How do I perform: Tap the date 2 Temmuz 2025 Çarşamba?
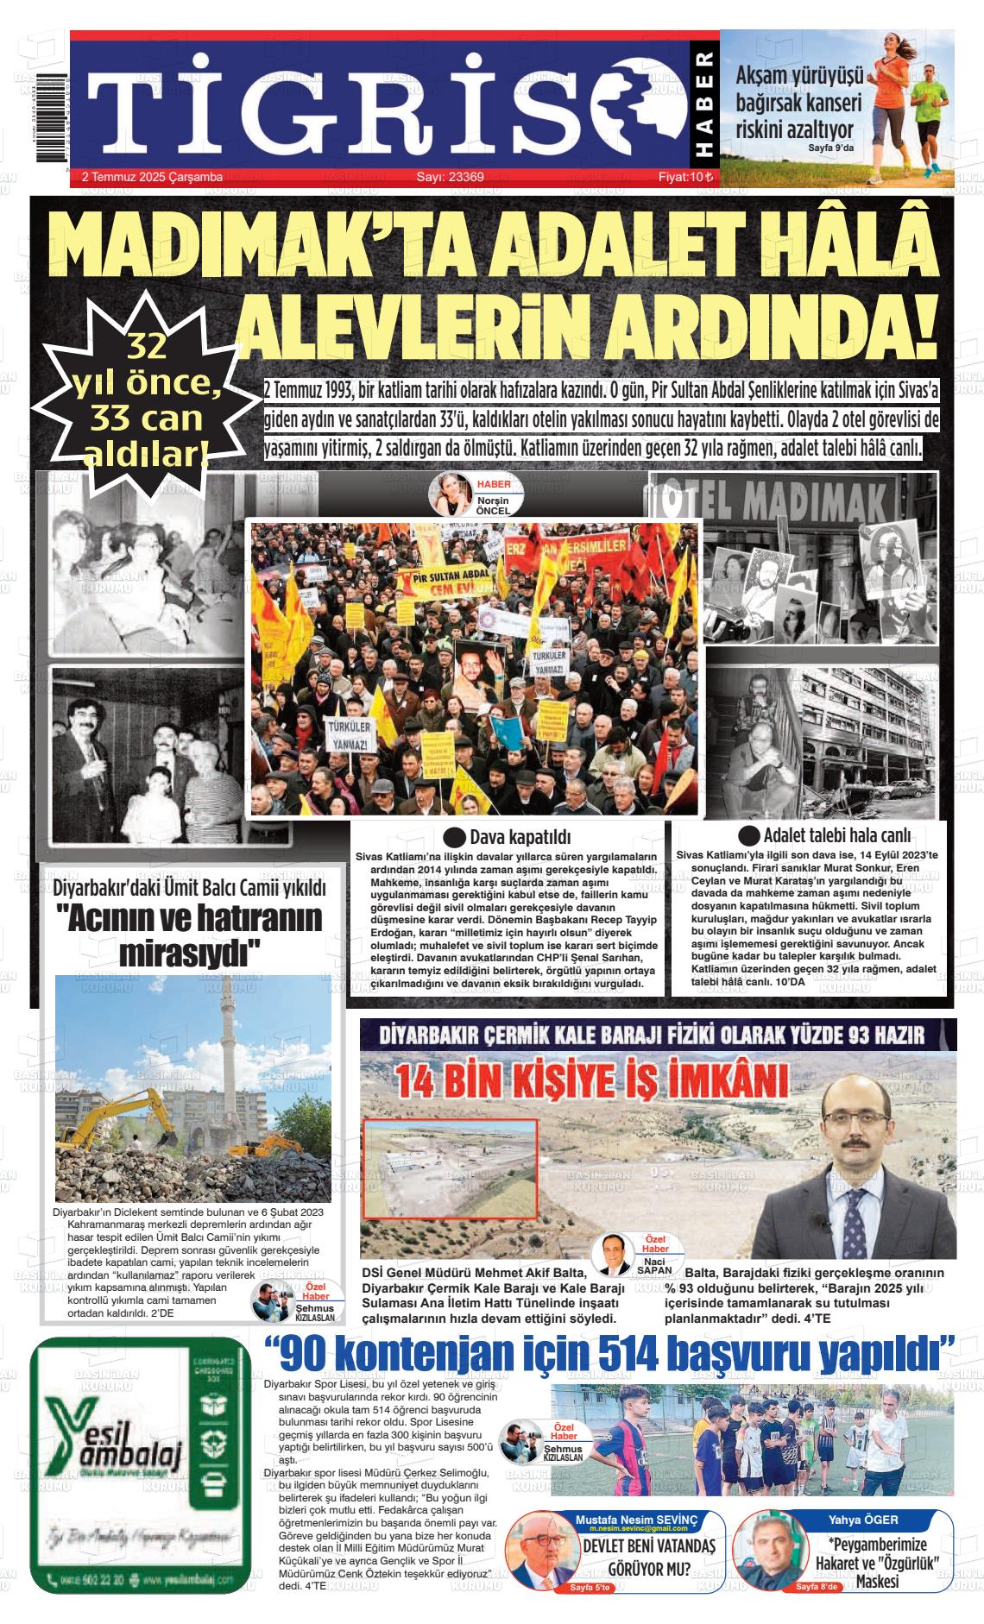tap(152, 177)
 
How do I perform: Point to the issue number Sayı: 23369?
tap(450, 177)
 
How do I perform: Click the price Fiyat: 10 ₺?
tap(685, 177)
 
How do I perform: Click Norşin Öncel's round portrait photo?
tap(451, 493)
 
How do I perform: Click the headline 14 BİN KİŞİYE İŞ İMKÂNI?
tap(591, 1080)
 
